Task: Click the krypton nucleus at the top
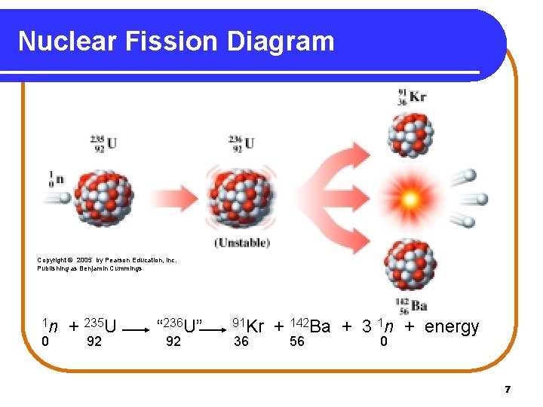(411, 135)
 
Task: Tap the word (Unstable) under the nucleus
(241, 243)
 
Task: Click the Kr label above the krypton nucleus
(418, 96)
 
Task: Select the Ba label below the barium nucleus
(419, 306)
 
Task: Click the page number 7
(508, 389)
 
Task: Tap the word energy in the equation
(452, 326)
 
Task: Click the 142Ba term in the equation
(310, 326)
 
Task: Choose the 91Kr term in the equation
(248, 326)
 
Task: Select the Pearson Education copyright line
(107, 260)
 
